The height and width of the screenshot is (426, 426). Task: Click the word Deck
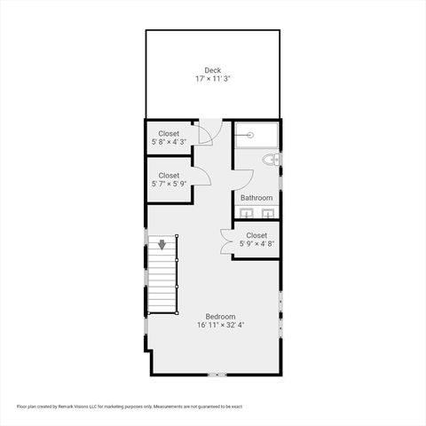click(x=213, y=70)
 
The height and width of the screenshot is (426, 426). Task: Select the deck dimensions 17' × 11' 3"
click(x=213, y=79)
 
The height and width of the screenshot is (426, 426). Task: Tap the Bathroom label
click(x=256, y=198)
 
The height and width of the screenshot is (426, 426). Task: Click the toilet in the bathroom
click(x=272, y=160)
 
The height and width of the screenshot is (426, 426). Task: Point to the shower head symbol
click(x=250, y=135)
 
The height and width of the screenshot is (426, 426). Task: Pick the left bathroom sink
click(x=248, y=213)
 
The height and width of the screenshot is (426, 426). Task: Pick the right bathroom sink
click(x=267, y=213)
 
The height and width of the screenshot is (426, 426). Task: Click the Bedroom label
click(x=220, y=317)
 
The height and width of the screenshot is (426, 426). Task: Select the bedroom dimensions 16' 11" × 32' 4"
click(x=220, y=326)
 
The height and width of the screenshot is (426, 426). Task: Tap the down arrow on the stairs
click(x=162, y=244)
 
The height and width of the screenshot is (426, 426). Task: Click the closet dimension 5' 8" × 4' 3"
click(x=169, y=142)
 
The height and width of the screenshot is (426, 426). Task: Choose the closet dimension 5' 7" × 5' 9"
click(x=169, y=185)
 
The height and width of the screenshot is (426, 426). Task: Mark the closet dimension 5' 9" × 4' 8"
click(x=256, y=244)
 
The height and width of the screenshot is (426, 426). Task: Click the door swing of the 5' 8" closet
click(x=205, y=135)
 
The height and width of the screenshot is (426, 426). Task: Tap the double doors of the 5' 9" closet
click(x=226, y=242)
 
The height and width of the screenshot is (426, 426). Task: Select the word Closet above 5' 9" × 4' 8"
click(x=256, y=235)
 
